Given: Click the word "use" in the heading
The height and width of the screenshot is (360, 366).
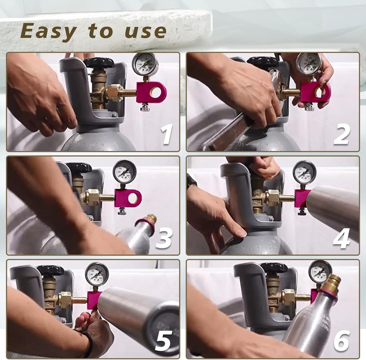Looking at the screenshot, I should coord(145,31).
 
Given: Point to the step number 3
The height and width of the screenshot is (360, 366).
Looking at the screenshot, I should coord(164,238).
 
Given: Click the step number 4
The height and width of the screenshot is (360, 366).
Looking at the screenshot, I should coord(342,238).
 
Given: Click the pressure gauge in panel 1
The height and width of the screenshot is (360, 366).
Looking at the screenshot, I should coord(145,64).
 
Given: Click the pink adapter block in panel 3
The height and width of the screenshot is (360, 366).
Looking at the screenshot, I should coord(128,198).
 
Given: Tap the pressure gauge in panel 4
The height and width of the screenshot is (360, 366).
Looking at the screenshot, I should coord(305,172).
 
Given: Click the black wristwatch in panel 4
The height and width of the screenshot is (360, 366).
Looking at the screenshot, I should coord(191,180).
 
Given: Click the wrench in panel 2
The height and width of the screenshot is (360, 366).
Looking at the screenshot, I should coord(229,132).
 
